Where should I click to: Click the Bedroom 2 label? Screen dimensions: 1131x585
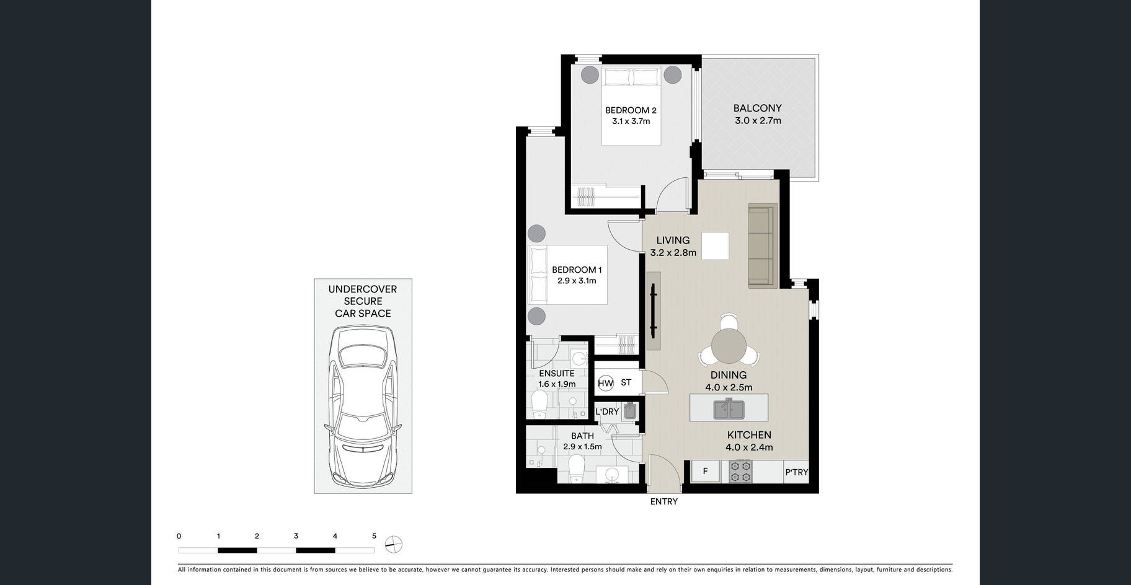pyautogui.click(x=631, y=110)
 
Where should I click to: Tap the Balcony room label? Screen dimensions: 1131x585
pyautogui.click(x=757, y=108)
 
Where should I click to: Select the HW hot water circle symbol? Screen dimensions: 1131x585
pyautogui.click(x=605, y=383)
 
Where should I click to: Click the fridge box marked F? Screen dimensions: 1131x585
pyautogui.click(x=705, y=472)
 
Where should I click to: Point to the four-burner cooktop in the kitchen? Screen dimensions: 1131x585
pyautogui.click(x=740, y=472)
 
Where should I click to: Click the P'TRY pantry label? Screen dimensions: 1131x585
pyautogui.click(x=797, y=472)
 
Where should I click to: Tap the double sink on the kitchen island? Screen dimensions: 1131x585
pyautogui.click(x=729, y=409)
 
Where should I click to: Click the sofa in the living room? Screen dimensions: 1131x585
pyautogui.click(x=763, y=246)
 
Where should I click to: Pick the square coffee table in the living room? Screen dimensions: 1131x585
pyautogui.click(x=715, y=245)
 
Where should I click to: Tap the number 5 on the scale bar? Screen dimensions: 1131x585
pyautogui.click(x=374, y=536)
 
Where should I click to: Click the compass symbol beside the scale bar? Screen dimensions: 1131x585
pyautogui.click(x=394, y=545)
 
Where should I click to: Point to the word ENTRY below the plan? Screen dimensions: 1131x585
pyautogui.click(x=663, y=501)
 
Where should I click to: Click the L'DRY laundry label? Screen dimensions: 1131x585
pyautogui.click(x=607, y=411)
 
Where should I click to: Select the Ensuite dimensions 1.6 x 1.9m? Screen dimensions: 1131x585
pyautogui.click(x=557, y=384)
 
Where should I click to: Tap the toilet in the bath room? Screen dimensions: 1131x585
pyautogui.click(x=577, y=468)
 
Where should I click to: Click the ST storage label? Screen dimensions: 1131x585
pyautogui.click(x=626, y=382)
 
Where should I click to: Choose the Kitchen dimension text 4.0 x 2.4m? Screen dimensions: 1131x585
pyautogui.click(x=749, y=447)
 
